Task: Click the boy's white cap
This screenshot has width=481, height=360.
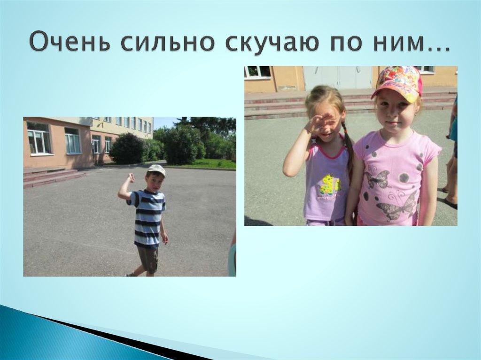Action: [x=156, y=169]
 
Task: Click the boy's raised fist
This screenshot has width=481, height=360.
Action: [x=131, y=177]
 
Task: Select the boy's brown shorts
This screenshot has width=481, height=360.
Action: [x=148, y=258]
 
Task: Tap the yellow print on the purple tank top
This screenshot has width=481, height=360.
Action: [x=329, y=185]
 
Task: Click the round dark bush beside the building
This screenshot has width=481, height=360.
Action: [x=126, y=149]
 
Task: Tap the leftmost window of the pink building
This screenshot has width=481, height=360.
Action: [x=39, y=138]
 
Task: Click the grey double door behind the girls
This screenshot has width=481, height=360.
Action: [x=337, y=77]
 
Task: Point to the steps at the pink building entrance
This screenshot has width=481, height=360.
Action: [x=52, y=176]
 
